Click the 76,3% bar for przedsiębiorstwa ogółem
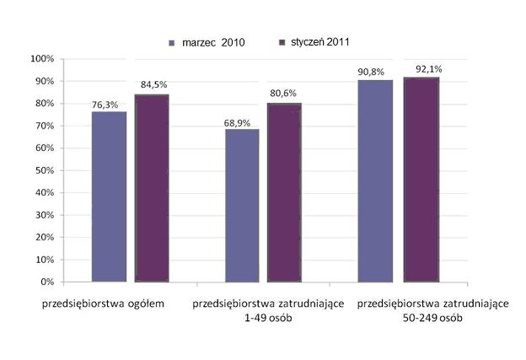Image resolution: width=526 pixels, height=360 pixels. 110,196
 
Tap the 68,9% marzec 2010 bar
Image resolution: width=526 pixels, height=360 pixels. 242,205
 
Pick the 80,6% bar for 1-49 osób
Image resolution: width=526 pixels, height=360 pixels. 284,192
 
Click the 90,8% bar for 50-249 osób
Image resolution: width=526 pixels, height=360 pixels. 375,180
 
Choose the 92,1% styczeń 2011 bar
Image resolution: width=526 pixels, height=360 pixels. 421,179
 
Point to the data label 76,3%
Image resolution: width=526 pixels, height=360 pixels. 105,105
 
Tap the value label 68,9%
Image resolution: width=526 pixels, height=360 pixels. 238,122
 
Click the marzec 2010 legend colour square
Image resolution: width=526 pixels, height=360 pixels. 173,41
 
